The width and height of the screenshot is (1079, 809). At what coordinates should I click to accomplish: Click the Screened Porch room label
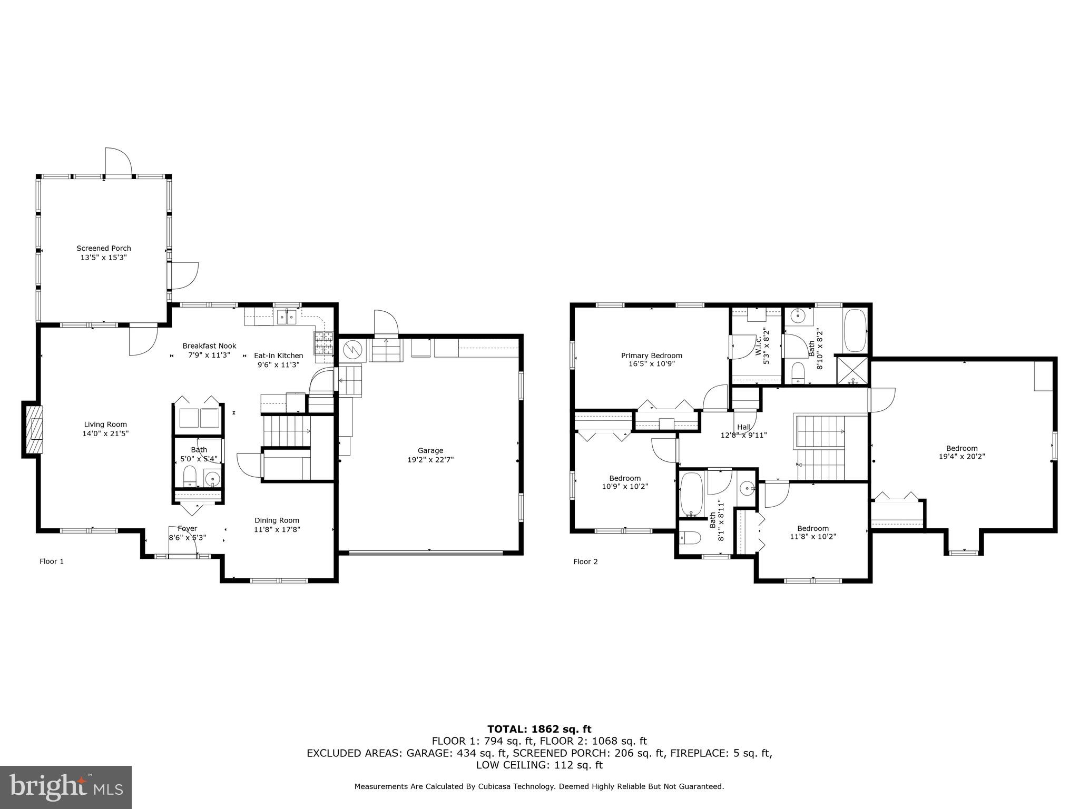tap(104, 248)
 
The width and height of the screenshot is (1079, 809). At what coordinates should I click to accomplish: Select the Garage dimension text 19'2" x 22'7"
tap(430, 459)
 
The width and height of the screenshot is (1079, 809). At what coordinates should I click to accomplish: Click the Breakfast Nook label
tap(209, 346)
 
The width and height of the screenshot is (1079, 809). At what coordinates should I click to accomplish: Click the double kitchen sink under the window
tap(287, 317)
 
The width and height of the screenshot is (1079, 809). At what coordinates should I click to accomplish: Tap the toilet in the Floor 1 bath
tap(190, 477)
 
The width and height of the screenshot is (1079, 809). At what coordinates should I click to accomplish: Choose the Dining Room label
tap(277, 520)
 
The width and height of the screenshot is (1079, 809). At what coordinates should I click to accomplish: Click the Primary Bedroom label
tap(651, 356)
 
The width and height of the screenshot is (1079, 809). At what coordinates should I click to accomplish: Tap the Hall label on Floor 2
tap(744, 427)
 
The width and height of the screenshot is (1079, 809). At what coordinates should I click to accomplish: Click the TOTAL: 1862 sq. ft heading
tap(539, 729)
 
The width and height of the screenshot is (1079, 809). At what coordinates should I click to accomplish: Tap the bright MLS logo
tap(66, 787)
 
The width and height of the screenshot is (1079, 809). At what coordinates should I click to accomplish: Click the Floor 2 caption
tap(585, 561)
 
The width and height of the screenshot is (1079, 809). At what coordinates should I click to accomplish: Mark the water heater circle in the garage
tap(352, 349)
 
